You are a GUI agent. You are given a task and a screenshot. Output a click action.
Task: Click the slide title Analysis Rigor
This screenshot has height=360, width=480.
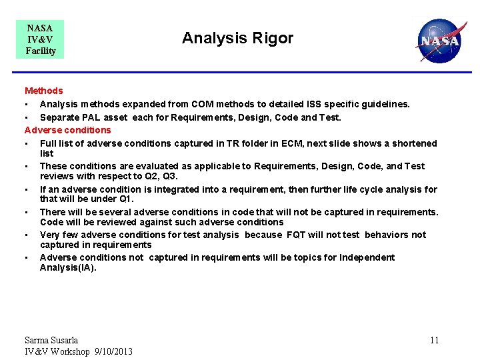point(237,38)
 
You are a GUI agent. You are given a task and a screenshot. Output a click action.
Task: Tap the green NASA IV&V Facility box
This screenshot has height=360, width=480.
point(41,39)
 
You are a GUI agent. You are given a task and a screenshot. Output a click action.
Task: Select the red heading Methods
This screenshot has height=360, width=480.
point(44,91)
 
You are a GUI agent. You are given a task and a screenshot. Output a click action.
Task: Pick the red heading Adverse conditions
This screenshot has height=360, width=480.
point(68,130)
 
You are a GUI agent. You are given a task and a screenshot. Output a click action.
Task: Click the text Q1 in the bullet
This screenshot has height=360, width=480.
point(125,199)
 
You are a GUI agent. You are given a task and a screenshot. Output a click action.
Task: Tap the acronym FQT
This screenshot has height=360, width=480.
point(297,235)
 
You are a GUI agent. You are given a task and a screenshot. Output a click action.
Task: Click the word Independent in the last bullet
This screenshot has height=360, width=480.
point(366,257)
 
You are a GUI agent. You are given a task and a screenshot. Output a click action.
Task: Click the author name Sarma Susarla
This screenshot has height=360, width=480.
point(51,340)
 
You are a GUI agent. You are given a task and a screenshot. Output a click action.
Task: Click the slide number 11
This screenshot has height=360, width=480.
point(434,341)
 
